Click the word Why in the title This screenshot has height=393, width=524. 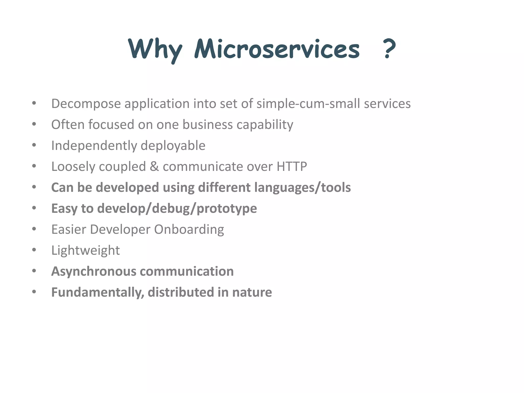155,49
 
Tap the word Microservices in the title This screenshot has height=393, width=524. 277,49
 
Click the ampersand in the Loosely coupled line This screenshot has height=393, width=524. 154,167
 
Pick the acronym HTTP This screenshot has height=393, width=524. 292,167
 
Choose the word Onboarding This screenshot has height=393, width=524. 189,230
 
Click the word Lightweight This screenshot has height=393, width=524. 85,251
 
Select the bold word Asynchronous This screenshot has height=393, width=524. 94,272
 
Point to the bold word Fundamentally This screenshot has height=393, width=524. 97,292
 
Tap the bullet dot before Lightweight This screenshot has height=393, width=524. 34,250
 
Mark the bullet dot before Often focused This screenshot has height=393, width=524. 34,124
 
